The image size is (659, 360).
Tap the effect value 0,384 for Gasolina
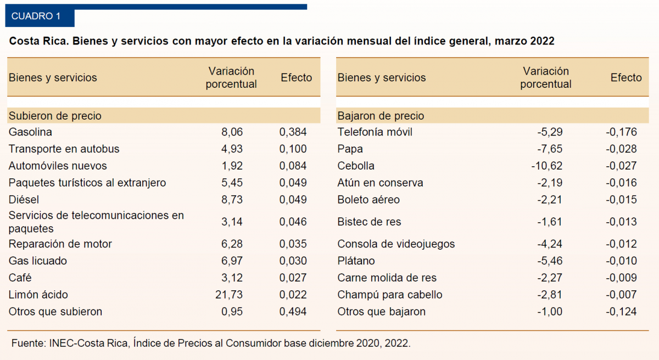pyautogui.click(x=293, y=132)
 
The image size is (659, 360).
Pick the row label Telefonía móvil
pyautogui.click(x=375, y=132)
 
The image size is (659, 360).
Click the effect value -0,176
pyautogui.click(x=621, y=132)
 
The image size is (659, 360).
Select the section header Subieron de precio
pyautogui.click(x=55, y=116)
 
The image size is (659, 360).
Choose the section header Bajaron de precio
pyautogui.click(x=381, y=116)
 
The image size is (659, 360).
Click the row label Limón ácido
pyautogui.click(x=38, y=295)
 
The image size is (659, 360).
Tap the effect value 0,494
pyautogui.click(x=293, y=312)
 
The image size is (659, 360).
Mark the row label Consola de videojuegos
pyautogui.click(x=388, y=244)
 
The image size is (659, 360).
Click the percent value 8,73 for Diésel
pyautogui.click(x=231, y=200)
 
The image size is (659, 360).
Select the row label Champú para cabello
pyautogui.click(x=389, y=295)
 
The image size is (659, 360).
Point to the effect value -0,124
pyautogui.click(x=621, y=312)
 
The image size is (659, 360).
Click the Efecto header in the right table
pyautogui.click(x=626, y=78)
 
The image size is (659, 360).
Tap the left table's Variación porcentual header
pyautogui.click(x=231, y=78)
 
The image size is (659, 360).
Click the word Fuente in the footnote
pyautogui.click(x=28, y=343)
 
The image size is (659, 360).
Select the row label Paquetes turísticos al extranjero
pyautogui.click(x=87, y=183)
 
